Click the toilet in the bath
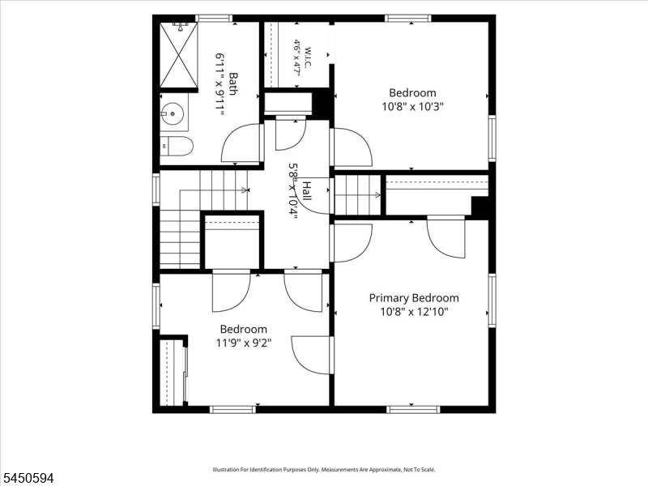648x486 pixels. (x=177, y=146)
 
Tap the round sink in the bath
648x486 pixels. (x=172, y=113)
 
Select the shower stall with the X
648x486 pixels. (x=178, y=55)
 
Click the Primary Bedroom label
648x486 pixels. (x=414, y=298)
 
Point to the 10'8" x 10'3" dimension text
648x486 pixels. (x=412, y=107)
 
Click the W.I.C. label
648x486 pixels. (x=309, y=58)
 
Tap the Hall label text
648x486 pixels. (x=307, y=190)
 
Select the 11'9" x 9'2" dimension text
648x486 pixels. (x=244, y=343)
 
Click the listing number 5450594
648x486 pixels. (x=27, y=478)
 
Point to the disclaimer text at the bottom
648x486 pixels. (x=324, y=470)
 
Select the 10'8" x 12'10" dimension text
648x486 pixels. (x=414, y=312)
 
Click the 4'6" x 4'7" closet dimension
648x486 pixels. (x=296, y=58)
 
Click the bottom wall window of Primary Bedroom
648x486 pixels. (x=413, y=410)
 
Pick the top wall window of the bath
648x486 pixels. (x=214, y=18)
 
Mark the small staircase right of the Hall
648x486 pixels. (x=357, y=195)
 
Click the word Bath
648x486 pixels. (x=233, y=84)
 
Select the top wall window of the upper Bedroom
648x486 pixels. (x=408, y=18)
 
